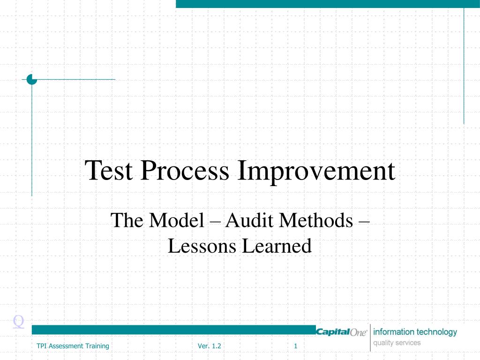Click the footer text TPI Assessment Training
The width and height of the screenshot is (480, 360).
pyautogui.click(x=73, y=346)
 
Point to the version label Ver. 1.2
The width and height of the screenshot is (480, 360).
pyautogui.click(x=209, y=346)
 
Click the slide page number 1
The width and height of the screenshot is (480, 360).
pyautogui.click(x=296, y=346)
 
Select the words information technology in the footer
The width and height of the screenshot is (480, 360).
pyautogui.click(x=415, y=332)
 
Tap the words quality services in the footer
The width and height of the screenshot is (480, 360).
pyautogui.click(x=397, y=343)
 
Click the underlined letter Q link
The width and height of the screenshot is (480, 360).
pyautogui.click(x=18, y=321)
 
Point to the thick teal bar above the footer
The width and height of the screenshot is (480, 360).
pyautogui.click(x=173, y=330)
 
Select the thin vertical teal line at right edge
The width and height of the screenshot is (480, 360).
pyautogui.click(x=464, y=66)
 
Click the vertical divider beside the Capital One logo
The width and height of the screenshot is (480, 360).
pyautogui.click(x=370, y=337)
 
